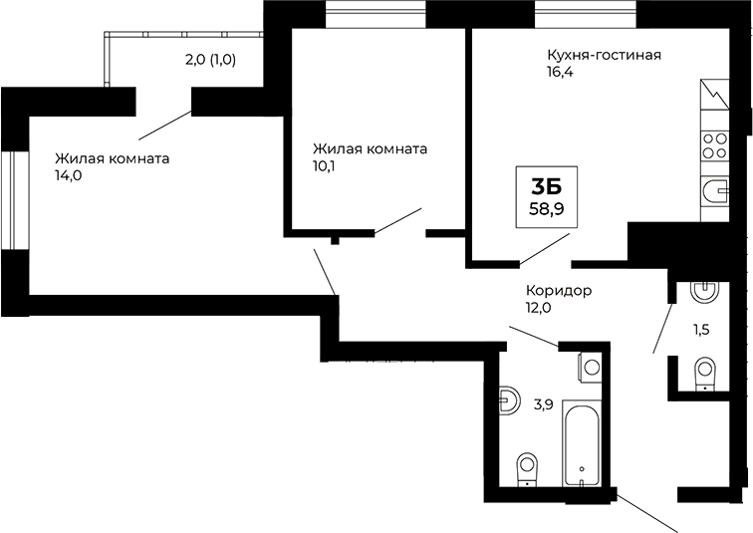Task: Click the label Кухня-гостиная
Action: (604, 56)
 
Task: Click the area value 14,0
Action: (68, 174)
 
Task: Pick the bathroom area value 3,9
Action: (543, 403)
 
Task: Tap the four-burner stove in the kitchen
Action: (714, 146)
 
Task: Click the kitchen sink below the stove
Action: (715, 189)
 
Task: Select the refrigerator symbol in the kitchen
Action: (715, 100)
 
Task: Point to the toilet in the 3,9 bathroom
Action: (526, 467)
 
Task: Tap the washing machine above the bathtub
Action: (591, 367)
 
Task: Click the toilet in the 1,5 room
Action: (705, 373)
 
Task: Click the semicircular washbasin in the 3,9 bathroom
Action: (508, 400)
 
